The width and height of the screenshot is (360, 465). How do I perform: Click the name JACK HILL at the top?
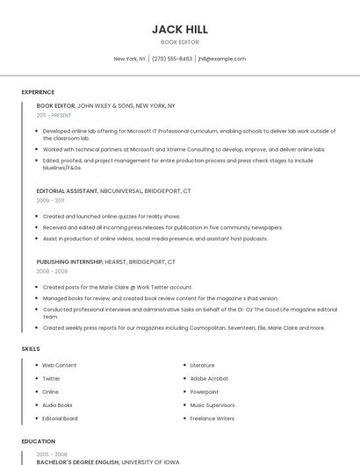click(179, 29)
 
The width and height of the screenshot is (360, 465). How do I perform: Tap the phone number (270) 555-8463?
click(172, 59)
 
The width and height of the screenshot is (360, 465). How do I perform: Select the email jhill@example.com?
click(222, 59)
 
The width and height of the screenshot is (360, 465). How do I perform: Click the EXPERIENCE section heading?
click(38, 92)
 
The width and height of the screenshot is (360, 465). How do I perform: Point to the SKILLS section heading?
click(31, 348)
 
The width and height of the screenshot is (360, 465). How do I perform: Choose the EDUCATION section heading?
click(39, 441)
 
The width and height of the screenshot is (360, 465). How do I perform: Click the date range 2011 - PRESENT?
click(54, 115)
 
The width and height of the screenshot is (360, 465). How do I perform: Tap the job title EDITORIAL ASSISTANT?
click(67, 190)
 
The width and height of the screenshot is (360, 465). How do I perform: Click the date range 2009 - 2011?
click(51, 200)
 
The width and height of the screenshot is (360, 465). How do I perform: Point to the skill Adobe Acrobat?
click(209, 378)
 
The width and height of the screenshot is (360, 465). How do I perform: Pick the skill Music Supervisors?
click(212, 405)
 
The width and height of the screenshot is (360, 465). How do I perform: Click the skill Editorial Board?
click(60, 418)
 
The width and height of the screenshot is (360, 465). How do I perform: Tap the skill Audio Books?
click(57, 405)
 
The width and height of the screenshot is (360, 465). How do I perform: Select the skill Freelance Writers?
click(212, 418)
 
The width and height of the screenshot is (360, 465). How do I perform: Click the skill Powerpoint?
click(205, 391)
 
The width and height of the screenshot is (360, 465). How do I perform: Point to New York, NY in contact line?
click(130, 59)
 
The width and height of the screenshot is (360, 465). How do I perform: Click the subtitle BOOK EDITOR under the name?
click(179, 42)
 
